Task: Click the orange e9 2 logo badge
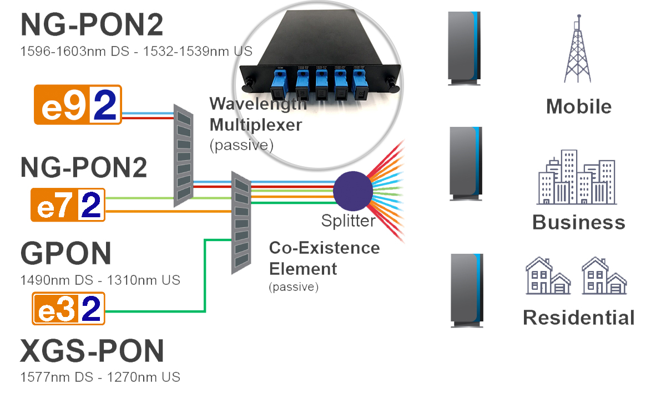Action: [x=77, y=104]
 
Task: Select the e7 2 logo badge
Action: [x=68, y=206]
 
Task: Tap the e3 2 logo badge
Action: [x=68, y=309]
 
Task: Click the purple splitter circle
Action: [x=353, y=190]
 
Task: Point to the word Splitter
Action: [x=348, y=222]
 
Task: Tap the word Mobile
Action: [x=578, y=106]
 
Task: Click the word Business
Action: [x=578, y=222]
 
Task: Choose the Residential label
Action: [x=578, y=318]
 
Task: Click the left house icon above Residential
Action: [x=548, y=275]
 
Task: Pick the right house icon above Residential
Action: [x=604, y=275]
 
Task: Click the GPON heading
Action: [x=66, y=253]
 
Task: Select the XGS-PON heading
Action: [x=92, y=351]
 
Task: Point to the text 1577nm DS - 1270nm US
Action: [x=100, y=377]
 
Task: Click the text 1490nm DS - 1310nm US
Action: [x=100, y=280]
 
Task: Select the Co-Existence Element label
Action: [x=324, y=258]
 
